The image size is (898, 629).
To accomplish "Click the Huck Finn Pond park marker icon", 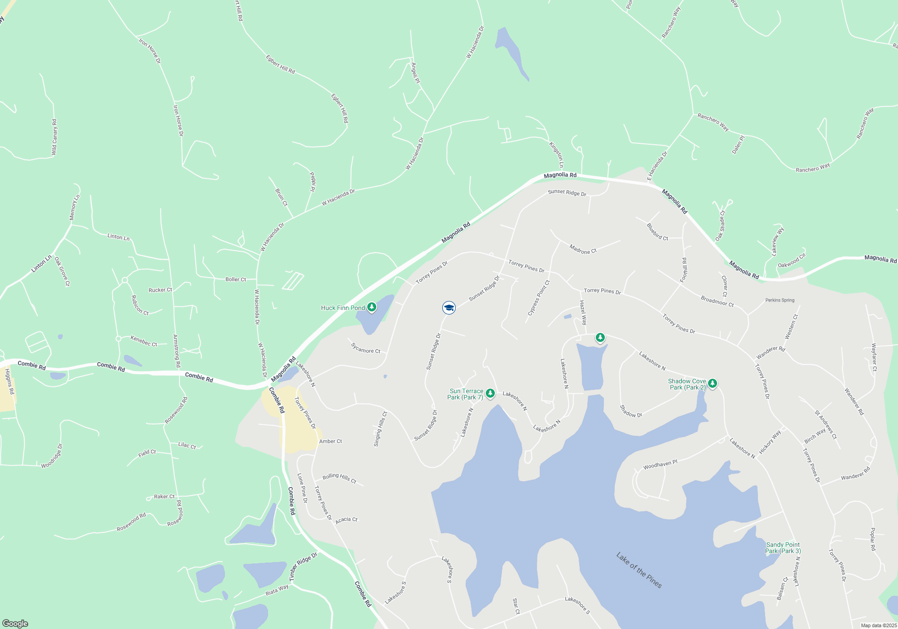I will (372, 307).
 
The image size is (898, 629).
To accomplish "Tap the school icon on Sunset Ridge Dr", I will (449, 308).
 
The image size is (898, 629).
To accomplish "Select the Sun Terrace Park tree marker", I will (490, 394).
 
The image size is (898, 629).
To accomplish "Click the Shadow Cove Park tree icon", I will (712, 384).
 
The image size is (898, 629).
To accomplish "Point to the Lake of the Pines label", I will (639, 570).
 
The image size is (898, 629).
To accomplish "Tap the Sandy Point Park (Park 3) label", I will (783, 548).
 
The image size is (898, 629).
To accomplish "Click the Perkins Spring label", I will (780, 300).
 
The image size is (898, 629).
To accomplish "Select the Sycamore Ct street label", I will (365, 348).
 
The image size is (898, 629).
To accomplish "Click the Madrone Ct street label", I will (583, 249).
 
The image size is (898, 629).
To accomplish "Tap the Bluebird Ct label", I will (657, 232).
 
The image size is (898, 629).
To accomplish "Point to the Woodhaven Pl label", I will (660, 465).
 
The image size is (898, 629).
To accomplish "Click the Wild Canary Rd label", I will (54, 137).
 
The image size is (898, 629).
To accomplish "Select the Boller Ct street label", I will (236, 279).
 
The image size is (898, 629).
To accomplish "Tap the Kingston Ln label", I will (556, 155).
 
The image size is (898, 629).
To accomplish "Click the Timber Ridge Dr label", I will (303, 567).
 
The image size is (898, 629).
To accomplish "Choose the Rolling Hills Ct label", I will (339, 478).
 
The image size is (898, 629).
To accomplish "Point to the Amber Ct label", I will (330, 441).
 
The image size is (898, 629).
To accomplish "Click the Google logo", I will (15, 624).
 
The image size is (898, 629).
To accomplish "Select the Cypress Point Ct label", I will (539, 298).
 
